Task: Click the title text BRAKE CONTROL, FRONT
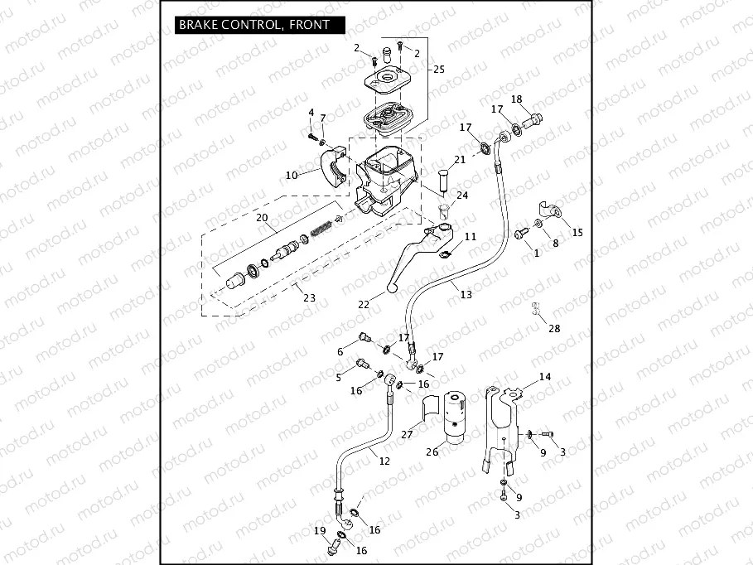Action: tap(253, 25)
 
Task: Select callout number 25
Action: tap(438, 70)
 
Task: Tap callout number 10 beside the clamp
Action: tap(291, 176)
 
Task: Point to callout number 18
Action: tap(516, 99)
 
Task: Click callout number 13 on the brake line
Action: tap(466, 294)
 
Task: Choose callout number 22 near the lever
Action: tap(364, 304)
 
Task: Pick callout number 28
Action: tap(553, 329)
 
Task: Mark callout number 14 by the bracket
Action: tap(544, 377)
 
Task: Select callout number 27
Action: tap(407, 433)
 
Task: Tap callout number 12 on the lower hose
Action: tap(384, 461)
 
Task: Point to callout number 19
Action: tap(320, 530)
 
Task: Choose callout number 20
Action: tap(262, 218)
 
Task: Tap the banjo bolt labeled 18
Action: tap(532, 120)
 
